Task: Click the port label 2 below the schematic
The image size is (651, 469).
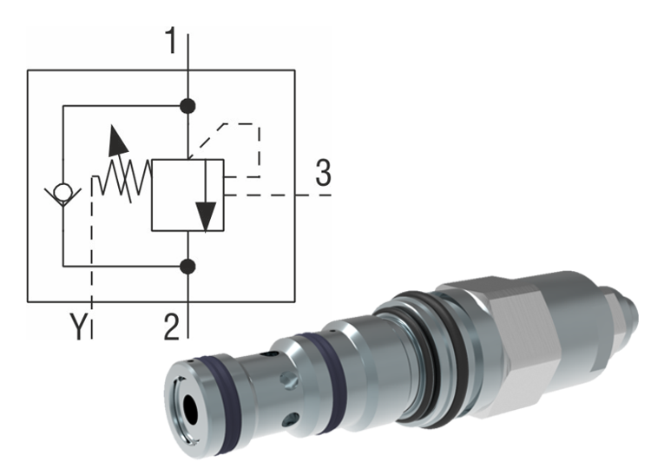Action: pos(173,327)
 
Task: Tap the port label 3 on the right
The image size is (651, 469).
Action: pos(323,175)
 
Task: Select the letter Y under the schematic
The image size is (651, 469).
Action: pos(80,327)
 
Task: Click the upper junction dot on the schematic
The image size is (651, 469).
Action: pos(187,107)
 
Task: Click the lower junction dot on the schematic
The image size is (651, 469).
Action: pos(187,264)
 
